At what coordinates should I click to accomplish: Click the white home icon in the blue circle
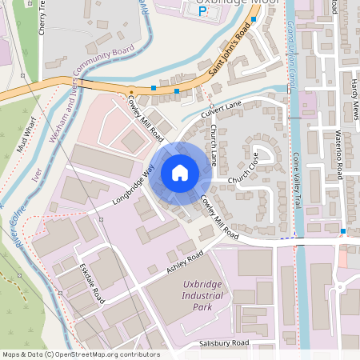(x=180, y=172)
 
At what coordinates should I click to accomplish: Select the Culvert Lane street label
(x=225, y=105)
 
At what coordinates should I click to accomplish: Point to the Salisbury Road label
(x=224, y=343)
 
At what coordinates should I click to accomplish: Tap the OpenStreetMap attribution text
(x=80, y=354)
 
